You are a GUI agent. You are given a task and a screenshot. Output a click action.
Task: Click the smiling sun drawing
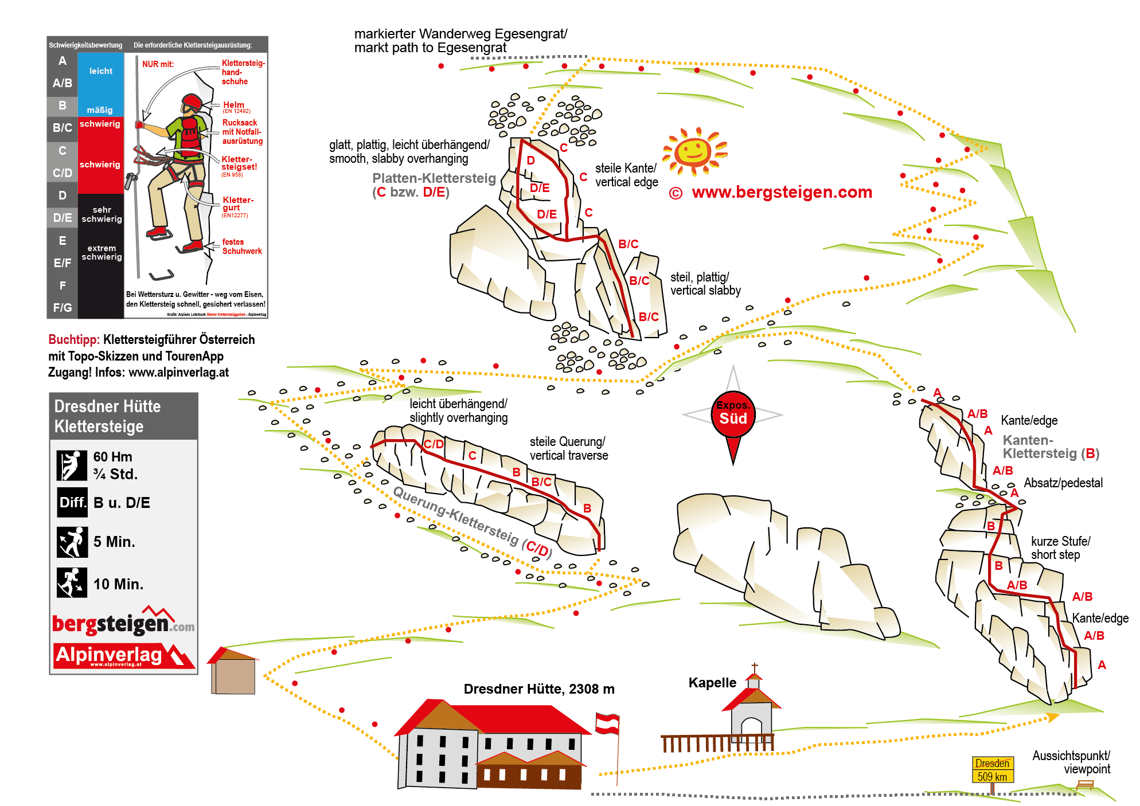tap(694, 151)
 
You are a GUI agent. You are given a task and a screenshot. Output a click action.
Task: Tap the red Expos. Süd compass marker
tap(733, 414)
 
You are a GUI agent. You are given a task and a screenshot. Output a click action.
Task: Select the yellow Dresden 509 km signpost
tap(993, 770)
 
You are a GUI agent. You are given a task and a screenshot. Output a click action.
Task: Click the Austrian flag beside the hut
tap(607, 723)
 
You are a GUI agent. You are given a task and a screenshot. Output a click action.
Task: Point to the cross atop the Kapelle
tap(755, 668)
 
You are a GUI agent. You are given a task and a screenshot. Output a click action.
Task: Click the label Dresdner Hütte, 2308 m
tap(538, 689)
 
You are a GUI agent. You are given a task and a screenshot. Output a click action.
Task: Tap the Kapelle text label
tap(712, 683)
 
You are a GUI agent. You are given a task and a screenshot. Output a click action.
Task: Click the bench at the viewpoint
tap(1084, 785)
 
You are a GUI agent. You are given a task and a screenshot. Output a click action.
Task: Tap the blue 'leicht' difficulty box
tap(100, 72)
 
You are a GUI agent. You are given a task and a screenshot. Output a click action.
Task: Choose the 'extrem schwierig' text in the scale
tap(101, 252)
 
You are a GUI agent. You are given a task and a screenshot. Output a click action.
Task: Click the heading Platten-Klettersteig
tap(434, 178)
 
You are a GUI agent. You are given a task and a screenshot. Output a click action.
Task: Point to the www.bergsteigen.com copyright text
tap(771, 193)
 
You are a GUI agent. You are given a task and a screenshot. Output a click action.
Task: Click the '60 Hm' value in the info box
tap(113, 457)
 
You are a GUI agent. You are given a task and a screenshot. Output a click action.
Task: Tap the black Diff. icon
tap(72, 503)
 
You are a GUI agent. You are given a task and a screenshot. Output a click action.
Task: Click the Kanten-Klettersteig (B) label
tap(1050, 447)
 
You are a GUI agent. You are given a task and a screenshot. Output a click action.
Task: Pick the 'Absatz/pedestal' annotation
tap(1063, 483)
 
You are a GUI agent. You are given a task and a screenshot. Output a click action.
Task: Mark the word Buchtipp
tap(74, 339)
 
